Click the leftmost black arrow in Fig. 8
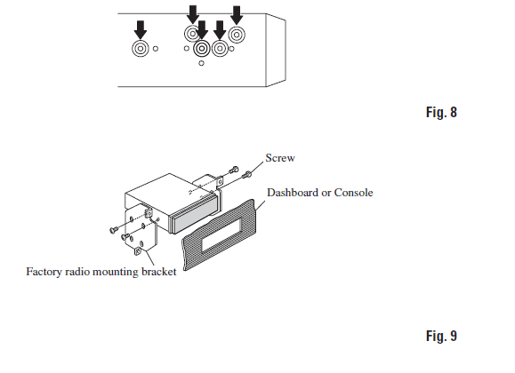click(141, 29)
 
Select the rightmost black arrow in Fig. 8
click(237, 15)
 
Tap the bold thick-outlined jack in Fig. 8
click(202, 49)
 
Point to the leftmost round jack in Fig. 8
click(141, 49)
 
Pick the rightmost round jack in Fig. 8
click(237, 35)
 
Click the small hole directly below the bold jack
click(201, 63)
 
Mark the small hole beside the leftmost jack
click(156, 49)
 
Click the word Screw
click(280, 158)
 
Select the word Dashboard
click(293, 192)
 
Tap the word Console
click(353, 192)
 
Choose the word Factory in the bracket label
click(44, 272)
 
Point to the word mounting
click(116, 272)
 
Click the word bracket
click(159, 272)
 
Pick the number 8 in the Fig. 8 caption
click(454, 112)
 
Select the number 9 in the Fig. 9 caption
click(454, 336)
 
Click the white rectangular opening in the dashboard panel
click(222, 234)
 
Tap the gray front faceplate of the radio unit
click(194, 215)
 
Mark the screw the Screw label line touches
click(247, 175)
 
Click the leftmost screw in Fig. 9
click(114, 230)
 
